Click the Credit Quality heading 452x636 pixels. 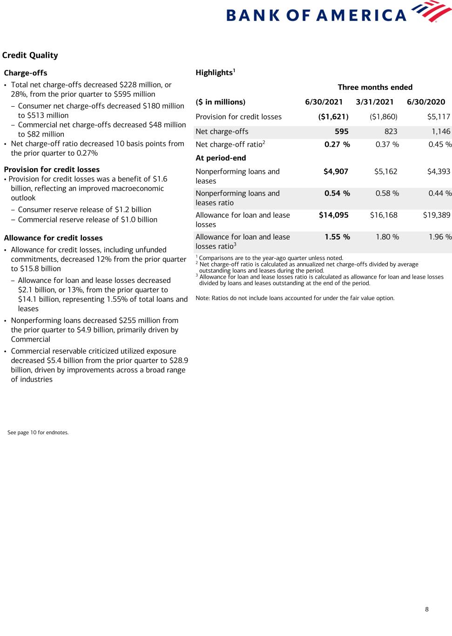(x=30, y=55)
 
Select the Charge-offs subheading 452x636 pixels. (x=26, y=73)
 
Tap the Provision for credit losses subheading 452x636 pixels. (x=52, y=170)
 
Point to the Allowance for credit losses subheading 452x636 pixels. (x=53, y=238)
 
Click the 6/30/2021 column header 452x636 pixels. (x=324, y=102)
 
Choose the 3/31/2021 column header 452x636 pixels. (x=375, y=102)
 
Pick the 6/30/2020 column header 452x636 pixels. (x=426, y=102)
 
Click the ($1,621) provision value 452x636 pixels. (x=333, y=117)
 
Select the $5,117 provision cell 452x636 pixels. (x=439, y=117)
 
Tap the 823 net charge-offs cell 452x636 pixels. (x=391, y=132)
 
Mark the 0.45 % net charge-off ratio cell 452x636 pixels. (x=440, y=144)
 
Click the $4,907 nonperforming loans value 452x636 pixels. (x=336, y=171)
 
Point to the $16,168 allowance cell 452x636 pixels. (x=384, y=215)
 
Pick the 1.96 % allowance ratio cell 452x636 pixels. (x=440, y=237)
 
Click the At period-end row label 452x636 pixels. (x=221, y=158)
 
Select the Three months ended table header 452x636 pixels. (x=375, y=87)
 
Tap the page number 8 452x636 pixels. (x=427, y=609)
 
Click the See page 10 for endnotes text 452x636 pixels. (x=38, y=433)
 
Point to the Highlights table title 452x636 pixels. (x=215, y=73)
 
